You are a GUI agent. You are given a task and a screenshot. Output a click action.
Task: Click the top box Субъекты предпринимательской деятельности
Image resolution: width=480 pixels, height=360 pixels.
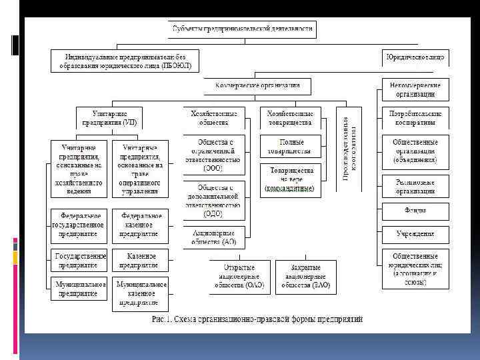pos(242,29)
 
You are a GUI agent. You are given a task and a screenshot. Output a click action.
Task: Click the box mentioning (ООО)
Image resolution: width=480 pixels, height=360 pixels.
pos(213,155)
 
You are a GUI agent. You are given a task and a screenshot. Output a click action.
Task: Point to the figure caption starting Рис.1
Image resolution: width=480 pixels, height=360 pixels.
pos(257,319)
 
